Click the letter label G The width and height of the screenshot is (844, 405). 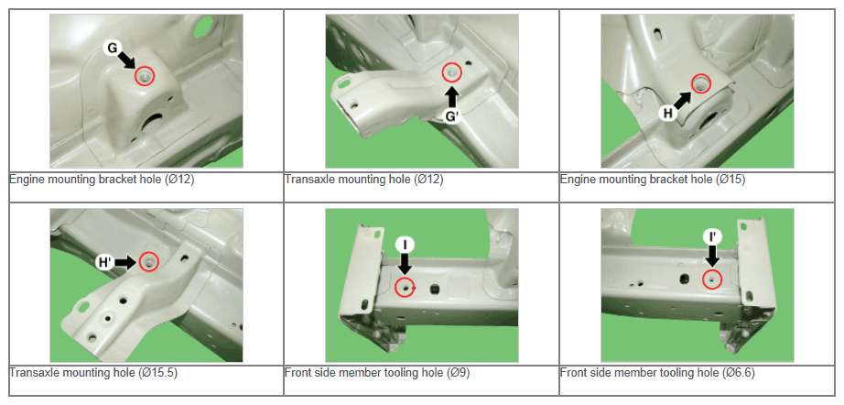[112, 49]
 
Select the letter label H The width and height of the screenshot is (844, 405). [668, 113]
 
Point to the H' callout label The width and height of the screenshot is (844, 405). [103, 263]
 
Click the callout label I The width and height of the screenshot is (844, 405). [405, 245]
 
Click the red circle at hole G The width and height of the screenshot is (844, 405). [145, 76]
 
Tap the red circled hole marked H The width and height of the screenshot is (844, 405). [701, 83]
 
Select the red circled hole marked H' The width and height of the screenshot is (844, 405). [148, 262]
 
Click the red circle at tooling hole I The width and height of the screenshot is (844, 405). [405, 288]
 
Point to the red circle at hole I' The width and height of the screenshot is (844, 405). [712, 279]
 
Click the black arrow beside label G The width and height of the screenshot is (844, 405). [127, 60]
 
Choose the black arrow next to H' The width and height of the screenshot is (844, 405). [125, 262]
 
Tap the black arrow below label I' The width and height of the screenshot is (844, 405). [712, 256]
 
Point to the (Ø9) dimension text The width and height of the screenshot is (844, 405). [458, 373]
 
